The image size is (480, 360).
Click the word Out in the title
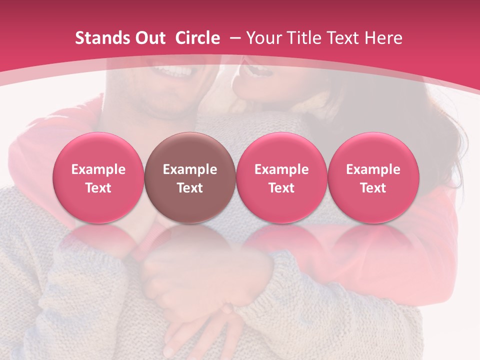click(x=149, y=38)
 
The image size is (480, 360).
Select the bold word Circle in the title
click(x=197, y=38)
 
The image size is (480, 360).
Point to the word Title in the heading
click(x=305, y=38)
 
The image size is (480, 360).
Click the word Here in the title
click(x=384, y=38)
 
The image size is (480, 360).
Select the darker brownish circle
click(x=190, y=177)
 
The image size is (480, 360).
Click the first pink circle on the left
click(x=98, y=177)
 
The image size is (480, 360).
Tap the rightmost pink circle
click(x=373, y=177)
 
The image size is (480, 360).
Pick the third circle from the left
click(x=281, y=177)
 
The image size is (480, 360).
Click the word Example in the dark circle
click(x=190, y=169)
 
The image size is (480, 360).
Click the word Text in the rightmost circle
click(x=373, y=188)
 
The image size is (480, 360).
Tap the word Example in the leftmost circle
click(x=98, y=169)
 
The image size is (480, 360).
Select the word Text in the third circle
click(x=281, y=188)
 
